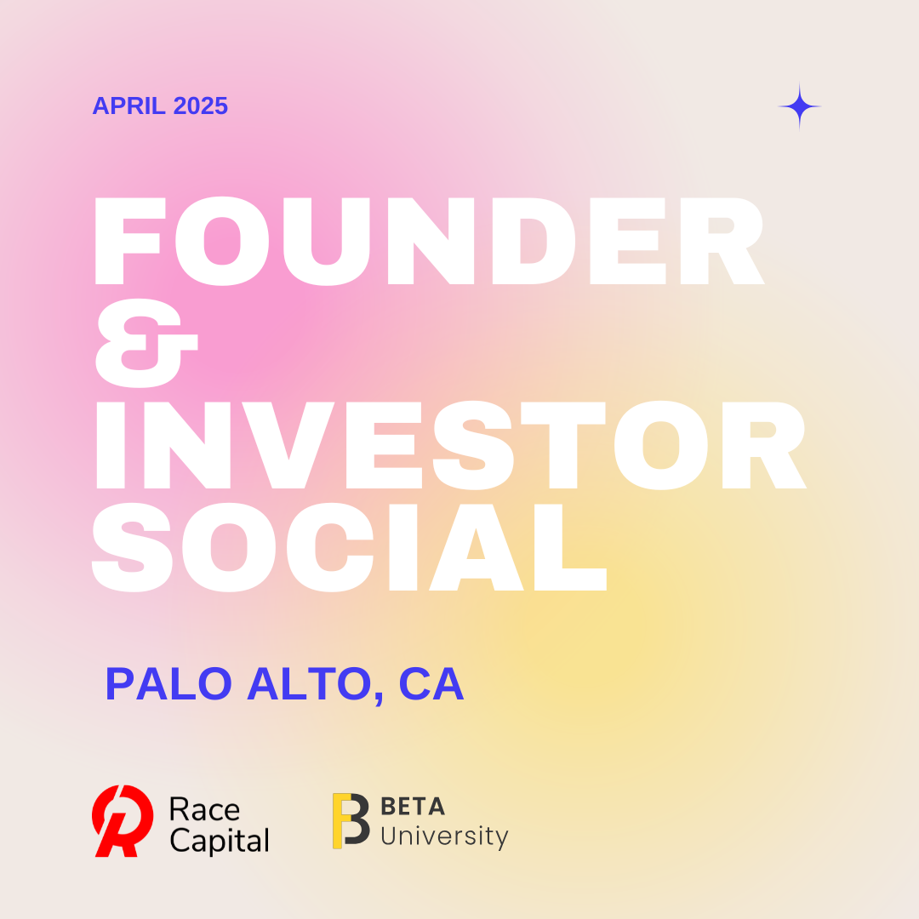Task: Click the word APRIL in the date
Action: point(129,106)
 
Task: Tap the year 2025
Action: point(201,106)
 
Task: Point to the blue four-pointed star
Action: point(799,106)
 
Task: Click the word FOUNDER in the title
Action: point(429,241)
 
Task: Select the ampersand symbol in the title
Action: point(146,343)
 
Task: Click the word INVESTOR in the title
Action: point(451,445)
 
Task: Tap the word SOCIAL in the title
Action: point(350,547)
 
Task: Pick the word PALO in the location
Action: point(168,683)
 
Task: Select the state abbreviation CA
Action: point(431,683)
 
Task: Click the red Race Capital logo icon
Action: point(123,820)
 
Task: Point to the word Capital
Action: point(220,841)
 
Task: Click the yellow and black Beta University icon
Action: point(351,820)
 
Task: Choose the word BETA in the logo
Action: point(413,807)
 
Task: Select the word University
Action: point(444,836)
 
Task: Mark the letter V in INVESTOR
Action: point(288,445)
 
